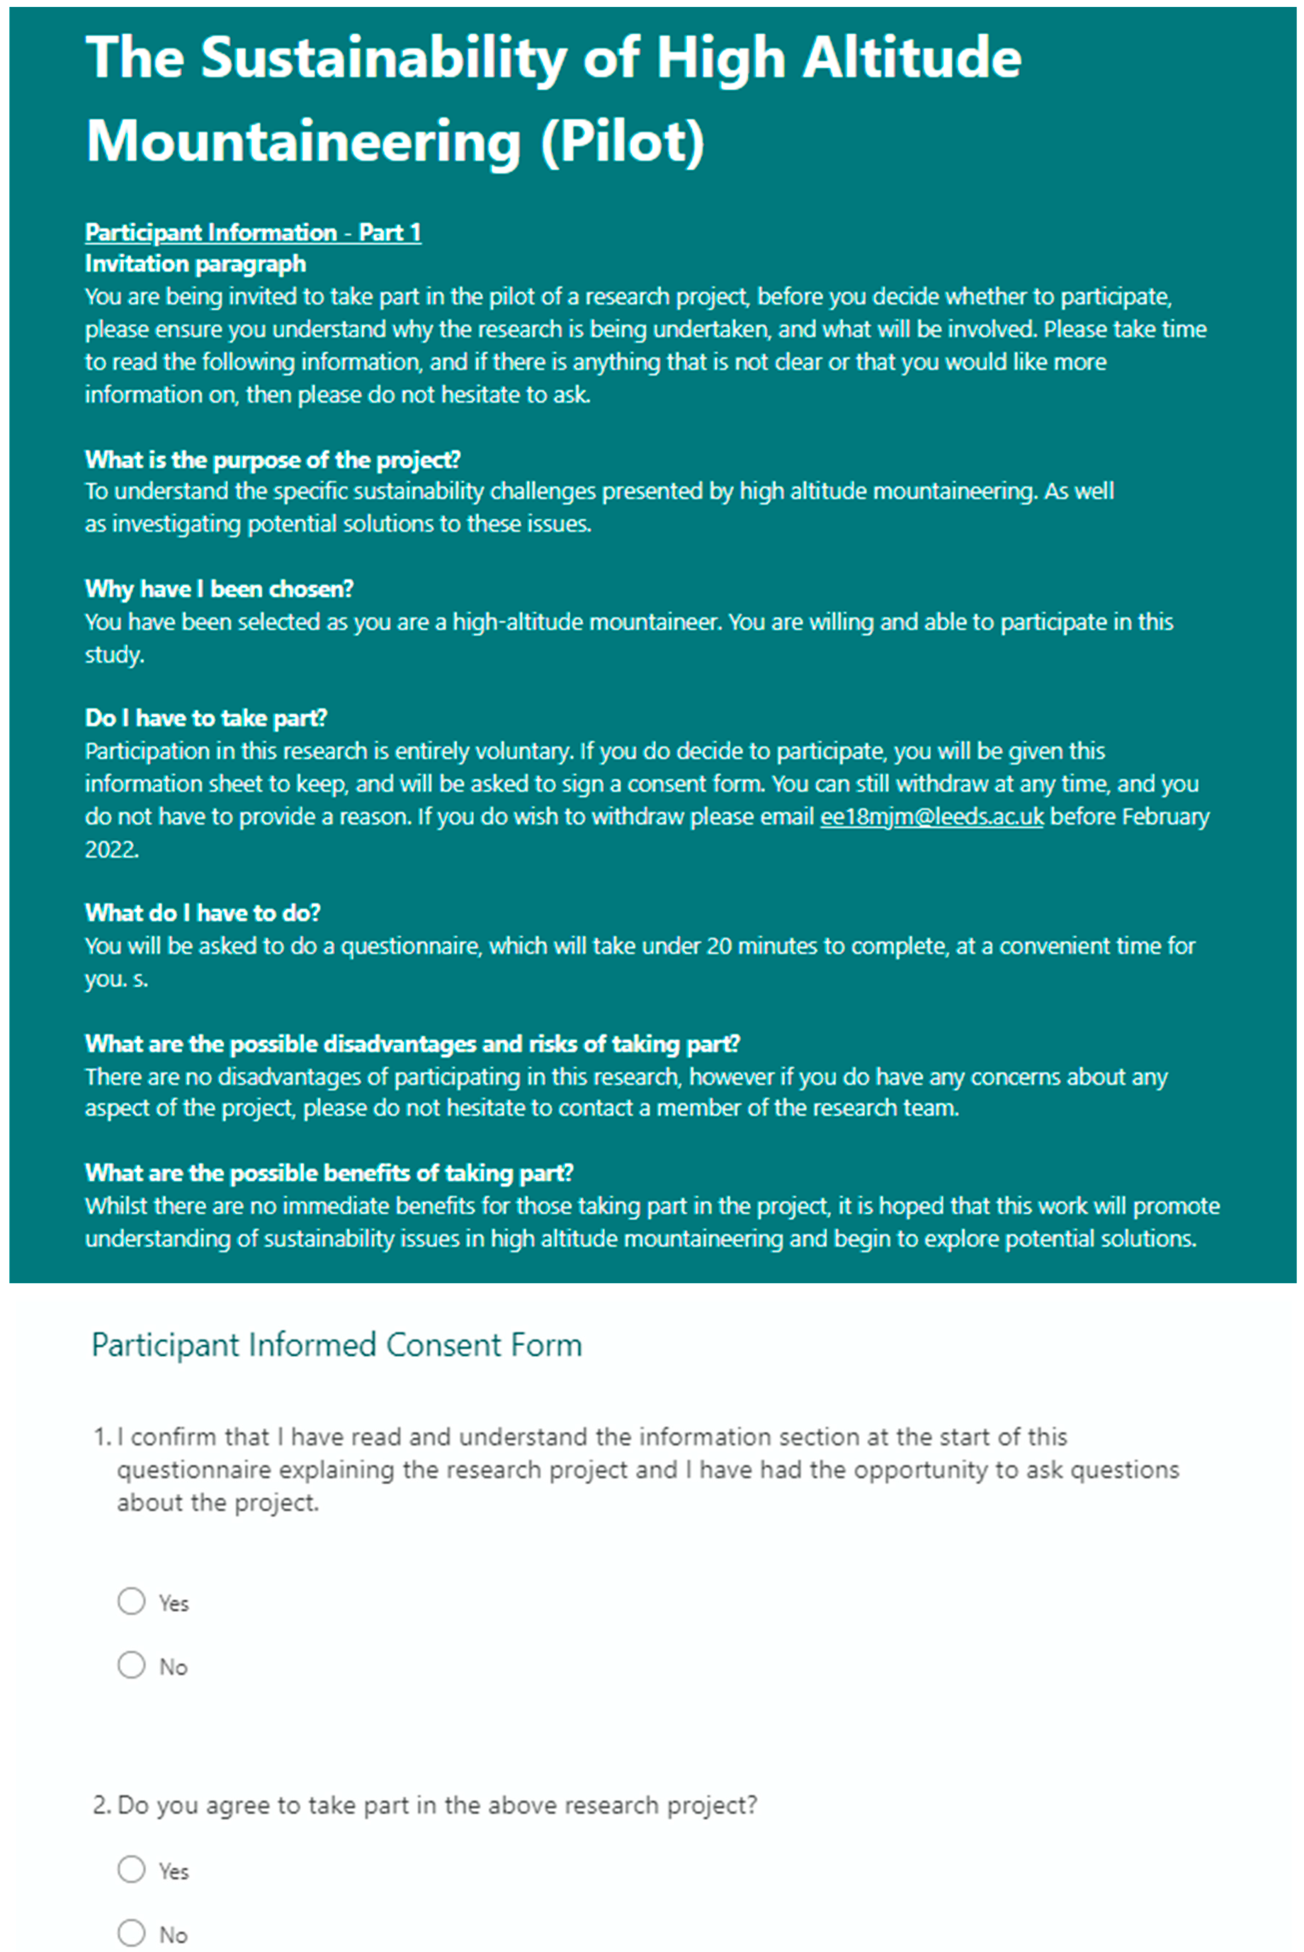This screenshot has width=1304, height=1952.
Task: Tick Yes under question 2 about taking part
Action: [131, 1870]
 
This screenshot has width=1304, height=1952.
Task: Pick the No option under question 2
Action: [131, 1933]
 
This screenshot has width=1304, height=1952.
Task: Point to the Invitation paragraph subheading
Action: [196, 265]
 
